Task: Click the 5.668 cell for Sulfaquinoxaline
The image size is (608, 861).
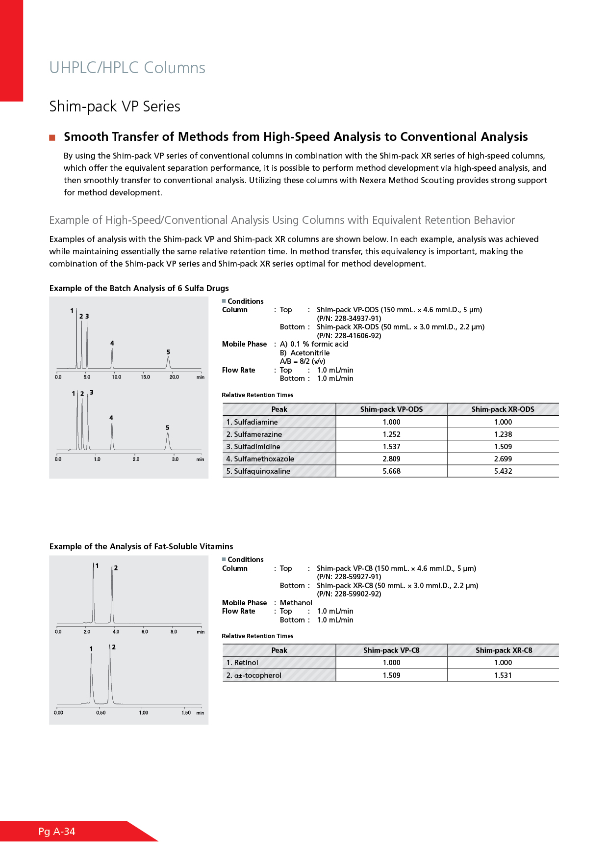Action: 391,471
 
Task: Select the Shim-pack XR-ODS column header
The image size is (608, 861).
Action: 503,409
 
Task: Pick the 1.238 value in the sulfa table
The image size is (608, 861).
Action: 503,434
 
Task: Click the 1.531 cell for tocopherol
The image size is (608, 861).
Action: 503,675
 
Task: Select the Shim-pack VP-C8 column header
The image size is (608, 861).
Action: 391,650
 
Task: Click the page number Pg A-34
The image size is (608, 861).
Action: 57,832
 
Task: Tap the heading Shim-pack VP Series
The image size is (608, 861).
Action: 115,107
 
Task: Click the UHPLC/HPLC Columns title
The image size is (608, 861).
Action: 127,68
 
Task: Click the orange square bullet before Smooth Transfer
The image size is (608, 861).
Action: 52,137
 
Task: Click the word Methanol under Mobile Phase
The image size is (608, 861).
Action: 296,603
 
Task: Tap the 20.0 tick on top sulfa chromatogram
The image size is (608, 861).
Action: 174,377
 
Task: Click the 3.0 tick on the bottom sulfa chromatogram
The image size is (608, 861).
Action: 175,459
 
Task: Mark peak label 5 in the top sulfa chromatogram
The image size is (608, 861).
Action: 168,352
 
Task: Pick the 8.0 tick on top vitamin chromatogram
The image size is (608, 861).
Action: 174,632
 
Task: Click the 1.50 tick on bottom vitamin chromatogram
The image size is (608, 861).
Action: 186,713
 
